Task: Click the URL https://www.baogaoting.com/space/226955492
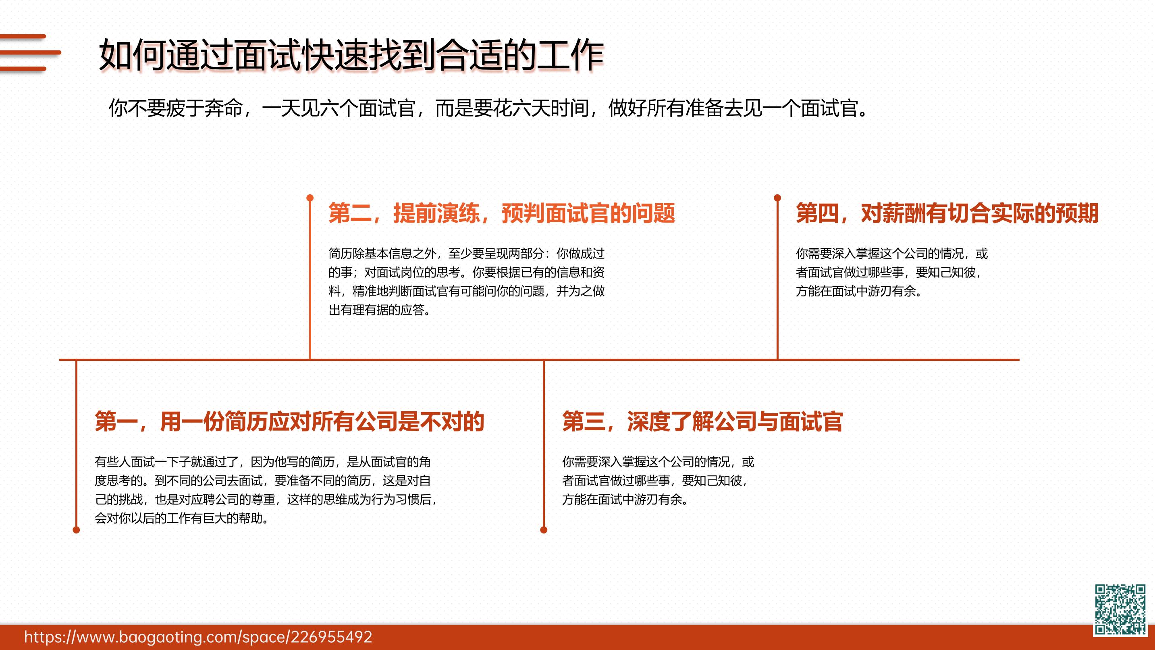pos(198,637)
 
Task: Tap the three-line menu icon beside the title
pos(29,52)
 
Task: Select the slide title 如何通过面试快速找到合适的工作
pos(351,55)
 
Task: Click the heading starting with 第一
pos(290,421)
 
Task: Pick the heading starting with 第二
pos(502,213)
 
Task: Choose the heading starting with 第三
pos(702,421)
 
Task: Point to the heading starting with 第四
pos(947,213)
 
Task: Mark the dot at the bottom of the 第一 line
pos(76,530)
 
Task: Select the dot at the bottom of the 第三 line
pos(544,530)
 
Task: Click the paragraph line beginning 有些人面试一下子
pos(263,462)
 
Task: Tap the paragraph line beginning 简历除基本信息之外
pos(466,254)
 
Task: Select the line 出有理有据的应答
pos(379,310)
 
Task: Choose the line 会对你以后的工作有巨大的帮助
pos(182,518)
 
